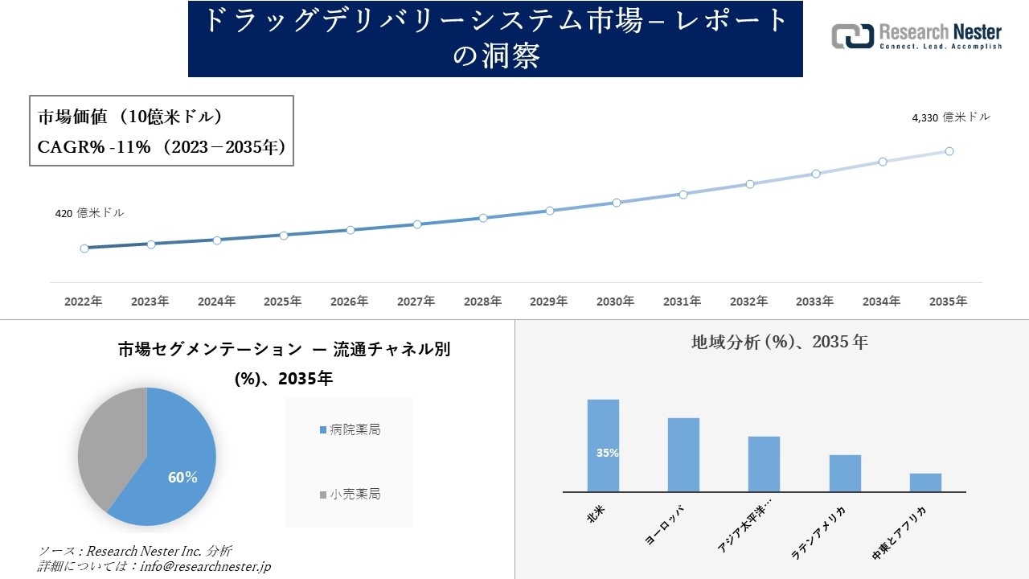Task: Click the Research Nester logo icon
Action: pyautogui.click(x=852, y=36)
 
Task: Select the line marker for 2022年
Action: pyautogui.click(x=84, y=248)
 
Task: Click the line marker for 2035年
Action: pyautogui.click(x=949, y=151)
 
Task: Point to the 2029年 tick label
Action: pyautogui.click(x=549, y=302)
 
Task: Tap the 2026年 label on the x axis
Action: pyautogui.click(x=350, y=302)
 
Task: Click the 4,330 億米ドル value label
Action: pyautogui.click(x=951, y=117)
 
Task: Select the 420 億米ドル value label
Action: pyautogui.click(x=89, y=213)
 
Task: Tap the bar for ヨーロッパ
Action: pyautogui.click(x=683, y=454)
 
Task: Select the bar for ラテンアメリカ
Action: pyautogui.click(x=845, y=473)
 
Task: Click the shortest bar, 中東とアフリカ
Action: pyautogui.click(x=925, y=482)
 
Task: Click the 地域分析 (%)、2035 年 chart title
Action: pyautogui.click(x=779, y=342)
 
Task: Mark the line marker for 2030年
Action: pyautogui.click(x=617, y=203)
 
